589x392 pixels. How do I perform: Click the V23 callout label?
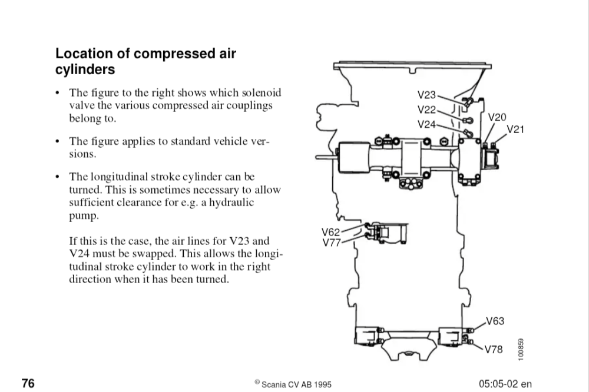coord(426,94)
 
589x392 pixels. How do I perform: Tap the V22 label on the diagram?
coord(426,109)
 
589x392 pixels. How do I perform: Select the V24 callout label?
coord(426,124)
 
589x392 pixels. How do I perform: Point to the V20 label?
coord(497,118)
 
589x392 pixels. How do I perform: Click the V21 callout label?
coord(515,129)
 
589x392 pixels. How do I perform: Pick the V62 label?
coord(331,231)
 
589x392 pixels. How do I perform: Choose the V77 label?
coord(331,242)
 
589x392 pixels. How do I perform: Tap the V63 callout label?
coord(495,321)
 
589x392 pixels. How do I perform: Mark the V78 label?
coord(494,350)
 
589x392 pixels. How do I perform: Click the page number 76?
coord(28,384)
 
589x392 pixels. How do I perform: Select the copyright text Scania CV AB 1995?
coord(293,384)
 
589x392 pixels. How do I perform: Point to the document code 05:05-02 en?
coord(505,384)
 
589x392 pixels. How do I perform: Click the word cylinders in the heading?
coord(85,69)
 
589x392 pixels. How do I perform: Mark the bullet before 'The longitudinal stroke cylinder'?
coord(57,177)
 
